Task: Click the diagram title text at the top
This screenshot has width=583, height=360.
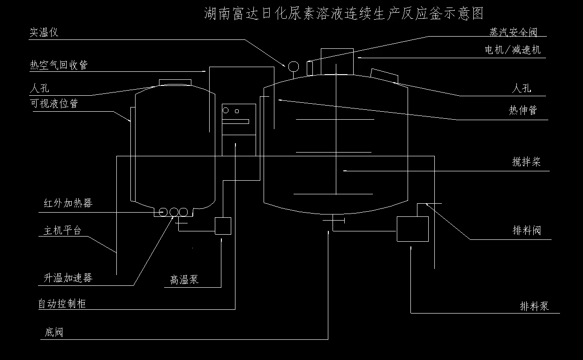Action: tap(344, 13)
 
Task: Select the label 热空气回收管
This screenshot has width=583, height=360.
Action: tap(59, 65)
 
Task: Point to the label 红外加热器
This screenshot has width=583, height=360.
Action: tap(68, 203)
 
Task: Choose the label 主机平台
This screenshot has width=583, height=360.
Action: tap(62, 230)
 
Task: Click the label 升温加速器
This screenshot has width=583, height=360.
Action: tap(68, 277)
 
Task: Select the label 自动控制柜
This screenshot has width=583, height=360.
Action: tap(62, 304)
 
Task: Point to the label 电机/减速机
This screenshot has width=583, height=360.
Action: tap(513, 50)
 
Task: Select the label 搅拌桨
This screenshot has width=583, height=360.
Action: tap(526, 162)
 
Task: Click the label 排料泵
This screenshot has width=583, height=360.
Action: tap(534, 306)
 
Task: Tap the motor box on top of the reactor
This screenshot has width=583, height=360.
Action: tap(337, 61)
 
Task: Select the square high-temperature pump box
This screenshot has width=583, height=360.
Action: tap(223, 226)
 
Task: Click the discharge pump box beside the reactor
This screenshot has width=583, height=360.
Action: tap(412, 229)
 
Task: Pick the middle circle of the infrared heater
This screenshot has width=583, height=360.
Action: tap(174, 212)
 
